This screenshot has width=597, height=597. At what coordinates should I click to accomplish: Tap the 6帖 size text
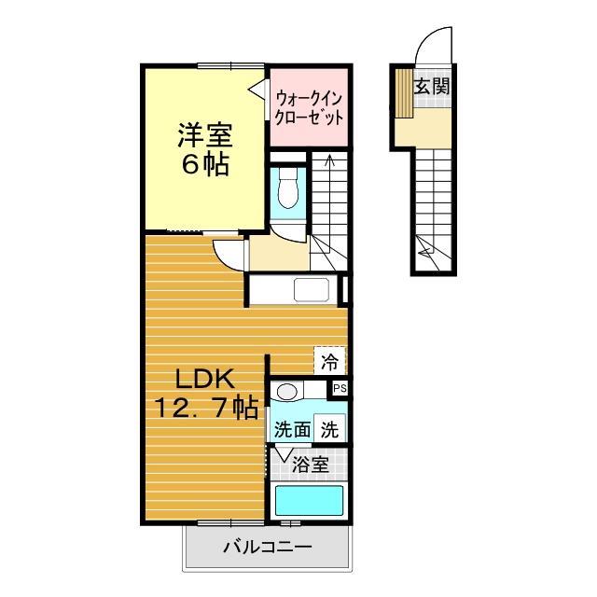205,166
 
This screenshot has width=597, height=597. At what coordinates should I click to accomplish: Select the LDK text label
205,380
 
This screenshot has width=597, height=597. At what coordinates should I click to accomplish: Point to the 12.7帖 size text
205,409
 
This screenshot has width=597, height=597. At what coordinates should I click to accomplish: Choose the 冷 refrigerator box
329,358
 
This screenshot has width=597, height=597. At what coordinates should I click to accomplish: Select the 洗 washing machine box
330,430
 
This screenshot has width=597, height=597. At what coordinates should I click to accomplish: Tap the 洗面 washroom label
291,431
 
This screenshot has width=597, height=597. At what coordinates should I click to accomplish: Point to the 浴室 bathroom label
311,463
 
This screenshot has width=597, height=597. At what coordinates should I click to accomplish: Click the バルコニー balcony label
266,548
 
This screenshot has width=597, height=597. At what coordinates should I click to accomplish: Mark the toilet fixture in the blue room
287,189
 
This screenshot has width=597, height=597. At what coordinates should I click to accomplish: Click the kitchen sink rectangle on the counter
312,290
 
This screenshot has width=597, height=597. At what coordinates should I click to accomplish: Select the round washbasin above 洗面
287,392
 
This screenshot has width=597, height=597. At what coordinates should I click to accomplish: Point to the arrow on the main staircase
328,163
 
